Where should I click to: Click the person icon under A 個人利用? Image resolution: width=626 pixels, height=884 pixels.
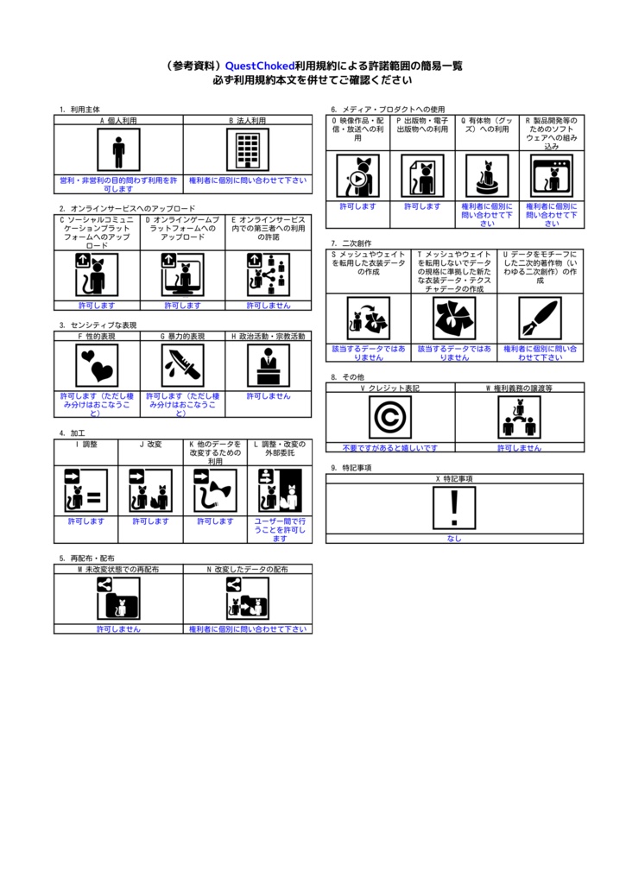(x=118, y=151)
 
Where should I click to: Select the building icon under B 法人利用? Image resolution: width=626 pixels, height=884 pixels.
(x=247, y=151)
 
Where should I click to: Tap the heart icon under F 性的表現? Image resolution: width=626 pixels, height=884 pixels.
(x=97, y=365)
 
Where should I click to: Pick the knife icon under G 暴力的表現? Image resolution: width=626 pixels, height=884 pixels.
(x=182, y=365)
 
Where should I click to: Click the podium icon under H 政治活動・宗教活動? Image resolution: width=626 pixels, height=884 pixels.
(x=268, y=365)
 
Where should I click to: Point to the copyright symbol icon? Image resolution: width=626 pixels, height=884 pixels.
(x=390, y=418)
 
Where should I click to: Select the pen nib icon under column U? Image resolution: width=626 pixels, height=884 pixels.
(x=540, y=319)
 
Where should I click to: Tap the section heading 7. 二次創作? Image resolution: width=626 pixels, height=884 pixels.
(x=351, y=243)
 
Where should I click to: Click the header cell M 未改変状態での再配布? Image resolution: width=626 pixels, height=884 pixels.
(x=118, y=570)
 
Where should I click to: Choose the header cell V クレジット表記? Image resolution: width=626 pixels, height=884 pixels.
(x=390, y=388)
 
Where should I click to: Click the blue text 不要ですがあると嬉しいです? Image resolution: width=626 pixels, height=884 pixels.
(x=390, y=448)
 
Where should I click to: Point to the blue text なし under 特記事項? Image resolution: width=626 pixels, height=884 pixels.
(x=454, y=539)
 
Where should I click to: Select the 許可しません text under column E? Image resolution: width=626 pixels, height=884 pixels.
(x=268, y=306)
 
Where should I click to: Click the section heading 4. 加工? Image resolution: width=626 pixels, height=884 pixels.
(x=73, y=433)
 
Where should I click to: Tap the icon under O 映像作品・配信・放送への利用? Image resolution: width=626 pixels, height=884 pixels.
(x=357, y=176)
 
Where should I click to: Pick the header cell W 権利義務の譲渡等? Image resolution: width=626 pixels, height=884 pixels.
(x=519, y=388)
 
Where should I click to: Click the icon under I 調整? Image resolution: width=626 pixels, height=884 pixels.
(x=86, y=491)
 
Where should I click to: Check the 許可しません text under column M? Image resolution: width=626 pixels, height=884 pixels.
(x=118, y=629)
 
